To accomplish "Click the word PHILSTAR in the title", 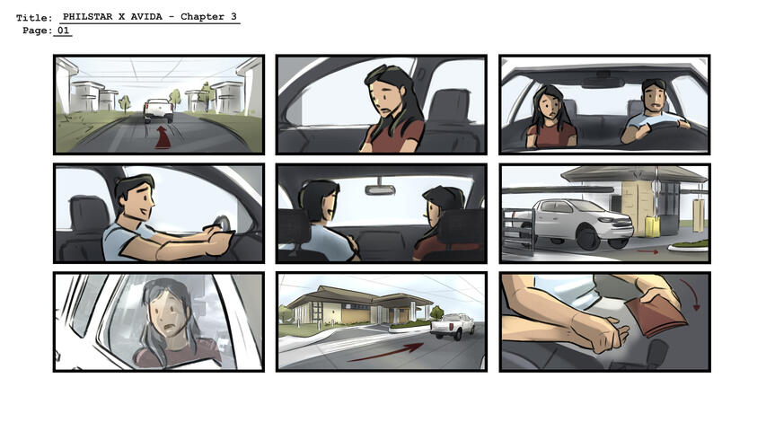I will point(92,17).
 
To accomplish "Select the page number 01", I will point(62,31).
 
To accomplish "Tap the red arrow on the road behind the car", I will point(163,139).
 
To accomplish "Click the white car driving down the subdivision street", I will point(158,110).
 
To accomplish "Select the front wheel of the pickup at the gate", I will point(590,237).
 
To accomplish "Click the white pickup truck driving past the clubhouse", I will point(453,325).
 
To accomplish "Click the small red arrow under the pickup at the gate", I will point(647,252).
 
